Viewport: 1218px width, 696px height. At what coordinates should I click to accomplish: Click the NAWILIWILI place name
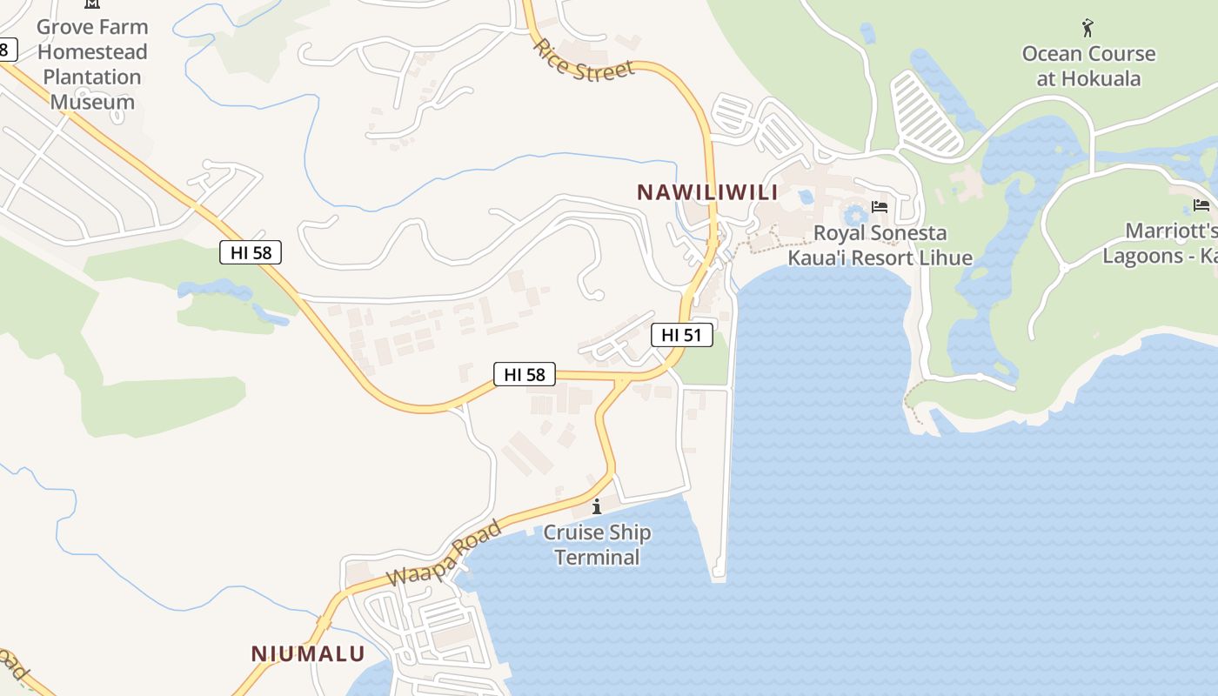pos(706,192)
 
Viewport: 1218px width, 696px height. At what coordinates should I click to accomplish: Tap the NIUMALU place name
pos(308,653)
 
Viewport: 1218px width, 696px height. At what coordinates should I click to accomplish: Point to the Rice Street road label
pos(584,62)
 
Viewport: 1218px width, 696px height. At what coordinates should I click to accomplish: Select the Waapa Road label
pos(445,552)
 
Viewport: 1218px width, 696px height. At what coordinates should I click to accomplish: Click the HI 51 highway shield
pos(681,335)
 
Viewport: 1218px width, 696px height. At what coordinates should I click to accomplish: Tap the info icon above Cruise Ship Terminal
pos(597,506)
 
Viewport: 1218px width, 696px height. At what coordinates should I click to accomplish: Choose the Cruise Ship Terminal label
pos(597,545)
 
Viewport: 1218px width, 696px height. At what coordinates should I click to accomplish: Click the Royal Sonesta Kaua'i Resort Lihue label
pos(880,245)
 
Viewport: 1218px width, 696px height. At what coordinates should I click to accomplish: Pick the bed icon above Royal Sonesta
pos(880,207)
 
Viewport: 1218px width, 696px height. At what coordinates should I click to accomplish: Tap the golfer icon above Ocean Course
pos(1087,28)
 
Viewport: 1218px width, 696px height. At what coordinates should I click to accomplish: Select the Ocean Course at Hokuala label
pos(1088,66)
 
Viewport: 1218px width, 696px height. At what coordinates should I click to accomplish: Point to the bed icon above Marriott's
pos(1201,206)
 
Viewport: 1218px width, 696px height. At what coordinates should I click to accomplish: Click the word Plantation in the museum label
pos(92,77)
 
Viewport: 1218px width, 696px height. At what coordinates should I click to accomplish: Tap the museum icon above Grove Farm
pos(92,4)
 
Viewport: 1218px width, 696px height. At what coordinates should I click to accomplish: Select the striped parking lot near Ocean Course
pos(927,114)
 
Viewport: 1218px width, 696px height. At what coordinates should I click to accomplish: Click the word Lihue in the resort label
pos(944,258)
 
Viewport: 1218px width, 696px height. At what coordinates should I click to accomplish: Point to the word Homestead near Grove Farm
pos(92,51)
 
